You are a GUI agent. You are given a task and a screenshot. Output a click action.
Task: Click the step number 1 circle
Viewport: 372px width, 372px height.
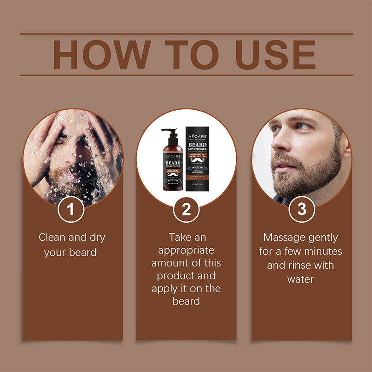pos(71,209)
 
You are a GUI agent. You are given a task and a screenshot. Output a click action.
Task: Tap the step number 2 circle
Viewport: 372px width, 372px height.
pos(186,209)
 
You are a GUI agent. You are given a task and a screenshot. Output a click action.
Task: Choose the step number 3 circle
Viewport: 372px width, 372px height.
pos(302,209)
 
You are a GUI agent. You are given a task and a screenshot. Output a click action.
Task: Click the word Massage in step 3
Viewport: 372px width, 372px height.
pos(283,238)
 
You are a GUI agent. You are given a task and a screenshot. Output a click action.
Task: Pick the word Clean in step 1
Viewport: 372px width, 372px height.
pos(52,238)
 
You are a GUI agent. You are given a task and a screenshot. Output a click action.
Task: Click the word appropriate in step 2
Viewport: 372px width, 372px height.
pos(186,250)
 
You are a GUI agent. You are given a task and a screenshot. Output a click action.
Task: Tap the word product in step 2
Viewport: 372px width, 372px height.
pos(173,276)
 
